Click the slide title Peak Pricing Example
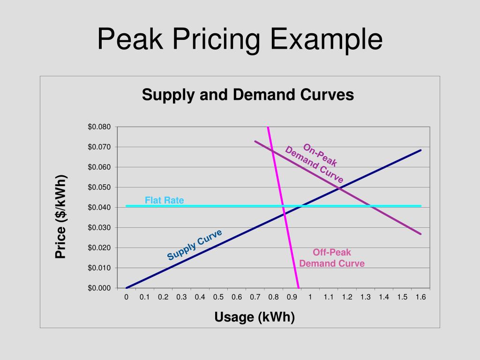click(x=240, y=39)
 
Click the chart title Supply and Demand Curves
click(x=248, y=95)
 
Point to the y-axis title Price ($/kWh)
click(x=61, y=216)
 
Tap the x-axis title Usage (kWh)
click(x=255, y=317)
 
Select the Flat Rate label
click(x=164, y=201)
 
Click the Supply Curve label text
click(x=195, y=245)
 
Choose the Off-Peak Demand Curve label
click(x=332, y=258)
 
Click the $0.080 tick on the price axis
click(x=99, y=127)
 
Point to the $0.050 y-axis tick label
click(x=99, y=187)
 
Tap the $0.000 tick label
click(x=99, y=288)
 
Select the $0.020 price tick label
click(x=99, y=248)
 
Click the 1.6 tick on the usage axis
click(x=420, y=297)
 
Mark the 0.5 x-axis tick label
click(x=218, y=297)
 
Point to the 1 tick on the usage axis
click(x=310, y=297)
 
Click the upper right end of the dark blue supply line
click(x=421, y=150)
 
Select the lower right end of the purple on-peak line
click(x=421, y=234)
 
